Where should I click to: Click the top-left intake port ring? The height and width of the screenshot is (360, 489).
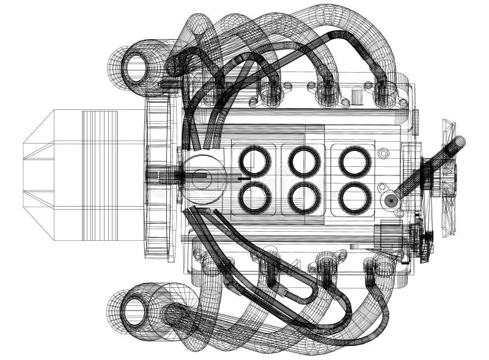coord(255,161)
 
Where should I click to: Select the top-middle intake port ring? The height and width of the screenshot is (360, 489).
coord(304,161)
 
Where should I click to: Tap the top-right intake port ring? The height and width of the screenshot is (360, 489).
coord(355,161)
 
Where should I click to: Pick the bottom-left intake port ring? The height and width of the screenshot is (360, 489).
coord(255,197)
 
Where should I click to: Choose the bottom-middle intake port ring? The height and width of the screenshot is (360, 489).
coord(304,198)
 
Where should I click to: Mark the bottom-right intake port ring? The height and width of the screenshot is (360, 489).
coord(355,198)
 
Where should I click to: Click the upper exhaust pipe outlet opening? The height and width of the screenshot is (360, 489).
coord(137,67)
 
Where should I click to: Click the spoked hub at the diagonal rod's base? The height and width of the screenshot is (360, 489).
coord(389,200)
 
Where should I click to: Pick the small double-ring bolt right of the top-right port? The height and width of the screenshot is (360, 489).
coord(383,153)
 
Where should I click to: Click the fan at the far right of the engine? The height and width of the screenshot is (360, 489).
coord(448,177)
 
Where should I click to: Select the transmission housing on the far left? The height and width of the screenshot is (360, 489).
coord(83,175)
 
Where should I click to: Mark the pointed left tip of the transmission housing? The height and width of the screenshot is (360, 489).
coord(25,174)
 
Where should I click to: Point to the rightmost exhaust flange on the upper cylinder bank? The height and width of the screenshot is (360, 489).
coord(385,95)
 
